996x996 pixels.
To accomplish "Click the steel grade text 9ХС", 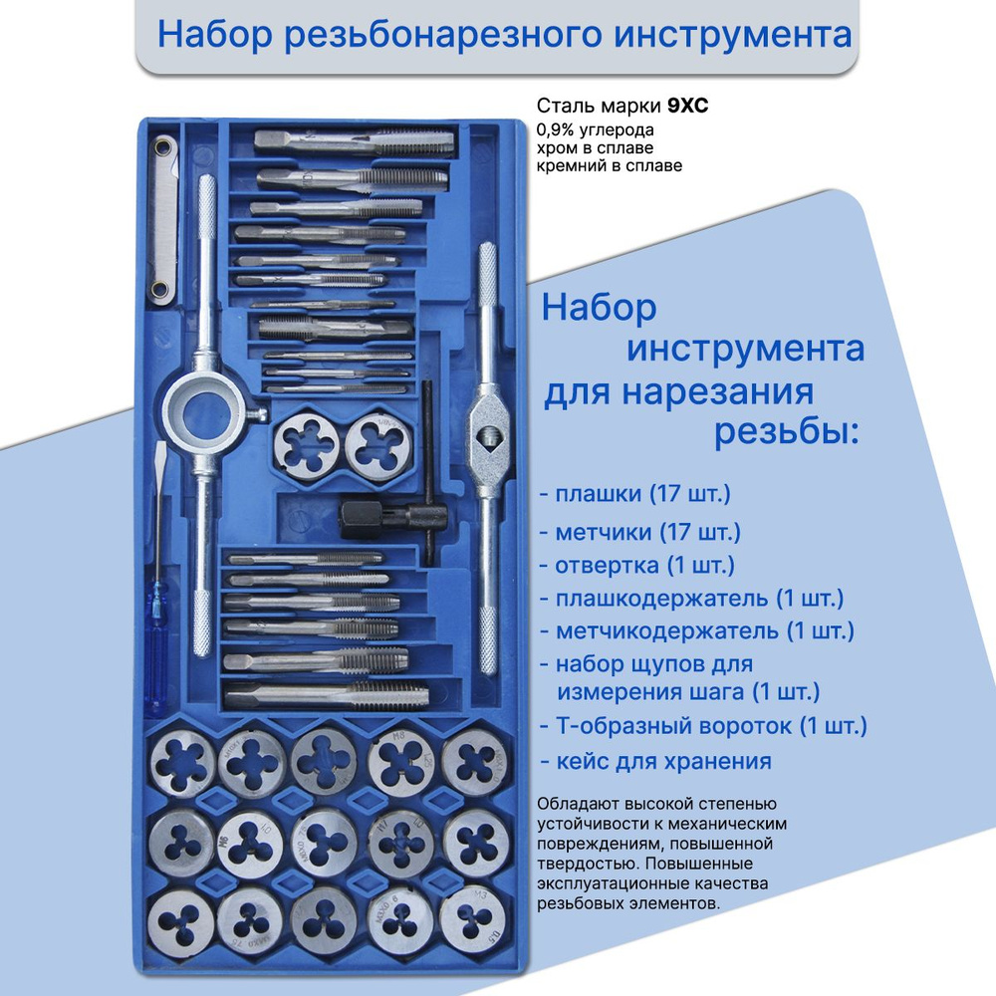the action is pyautogui.click(x=687, y=106).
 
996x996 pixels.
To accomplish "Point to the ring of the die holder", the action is pyautogui.click(x=205, y=414).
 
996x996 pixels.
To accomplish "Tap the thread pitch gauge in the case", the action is pyautogui.click(x=162, y=219).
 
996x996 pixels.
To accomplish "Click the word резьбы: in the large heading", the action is pyautogui.click(x=787, y=432).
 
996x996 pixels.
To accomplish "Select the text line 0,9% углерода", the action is pyautogui.click(x=596, y=130).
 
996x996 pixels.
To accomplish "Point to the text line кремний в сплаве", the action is pyautogui.click(x=610, y=165).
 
